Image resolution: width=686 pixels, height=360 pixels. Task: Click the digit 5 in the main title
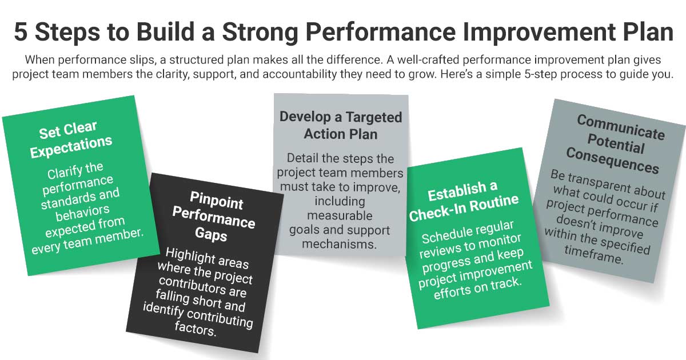tap(21, 33)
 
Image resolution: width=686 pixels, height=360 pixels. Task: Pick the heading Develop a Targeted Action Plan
tap(341, 126)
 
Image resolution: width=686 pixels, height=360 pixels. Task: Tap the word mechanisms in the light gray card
tap(340, 244)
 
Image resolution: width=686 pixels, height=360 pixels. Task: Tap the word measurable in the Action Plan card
tap(340, 216)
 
